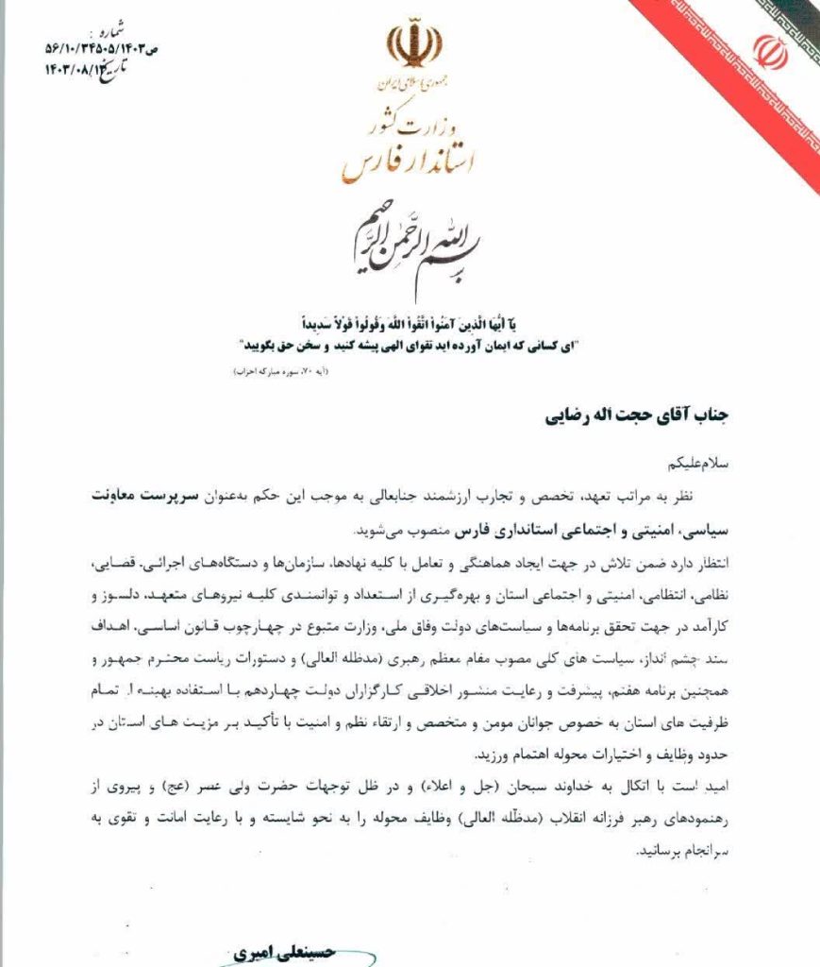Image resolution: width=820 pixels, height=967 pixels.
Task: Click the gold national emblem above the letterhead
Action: tap(412, 47)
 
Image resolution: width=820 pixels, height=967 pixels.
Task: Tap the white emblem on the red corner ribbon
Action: tap(771, 53)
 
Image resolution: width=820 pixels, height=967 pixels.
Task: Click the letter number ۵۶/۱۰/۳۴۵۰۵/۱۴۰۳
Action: tap(93, 46)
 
